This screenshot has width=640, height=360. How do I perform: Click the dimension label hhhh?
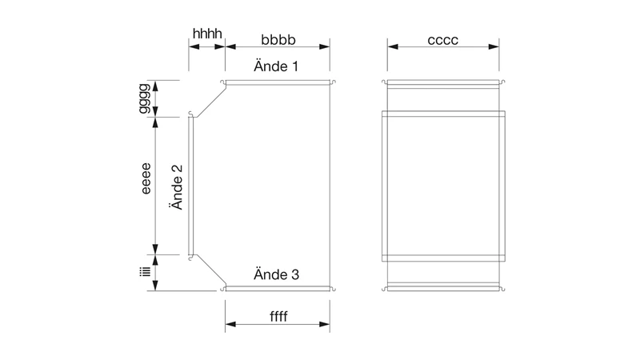pos(207,34)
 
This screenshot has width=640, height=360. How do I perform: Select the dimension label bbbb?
pos(278,39)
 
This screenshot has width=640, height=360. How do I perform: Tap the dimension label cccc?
pos(443,40)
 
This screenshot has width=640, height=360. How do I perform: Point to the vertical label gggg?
pos(144,98)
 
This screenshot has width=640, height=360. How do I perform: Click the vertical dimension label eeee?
pos(146,178)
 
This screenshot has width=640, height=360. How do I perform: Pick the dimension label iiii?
pos(145,272)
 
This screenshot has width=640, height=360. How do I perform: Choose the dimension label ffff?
pos(278,316)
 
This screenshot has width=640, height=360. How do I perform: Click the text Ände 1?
pos(276,66)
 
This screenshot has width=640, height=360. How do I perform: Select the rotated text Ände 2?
pos(177,187)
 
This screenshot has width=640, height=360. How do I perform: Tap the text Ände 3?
pos(276,274)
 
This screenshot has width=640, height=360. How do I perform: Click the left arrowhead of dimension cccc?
pos(393,46)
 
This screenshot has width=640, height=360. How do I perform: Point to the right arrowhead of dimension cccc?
pos(494,46)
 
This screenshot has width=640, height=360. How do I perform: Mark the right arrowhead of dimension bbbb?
pos(325,46)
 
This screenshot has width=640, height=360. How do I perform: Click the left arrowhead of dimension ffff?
pos(230,324)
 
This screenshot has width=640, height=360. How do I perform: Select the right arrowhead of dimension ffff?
pos(325,324)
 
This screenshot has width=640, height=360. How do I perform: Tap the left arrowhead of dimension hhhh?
pos(194,46)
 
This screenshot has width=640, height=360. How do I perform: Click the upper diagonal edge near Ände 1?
pos(211,102)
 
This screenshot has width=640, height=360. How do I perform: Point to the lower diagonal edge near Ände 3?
pos(211,269)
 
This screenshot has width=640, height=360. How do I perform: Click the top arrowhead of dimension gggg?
pos(155,86)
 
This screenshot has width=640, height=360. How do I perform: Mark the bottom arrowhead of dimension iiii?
pos(155,286)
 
